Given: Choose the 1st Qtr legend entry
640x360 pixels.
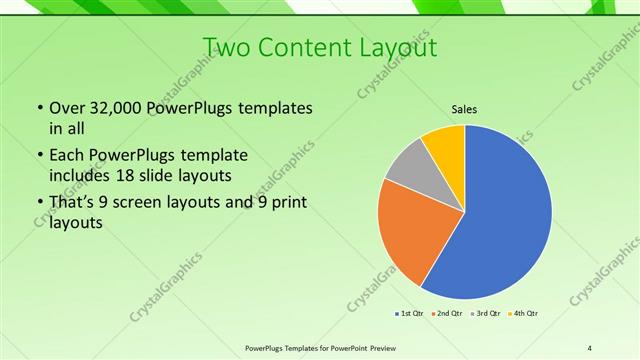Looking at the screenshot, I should pyautogui.click(x=410, y=314).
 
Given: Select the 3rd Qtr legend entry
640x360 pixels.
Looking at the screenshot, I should pyautogui.click(x=487, y=314).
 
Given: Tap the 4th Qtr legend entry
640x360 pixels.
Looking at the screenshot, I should pyautogui.click(x=525, y=314).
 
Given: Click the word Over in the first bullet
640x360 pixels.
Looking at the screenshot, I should pyautogui.click(x=67, y=108).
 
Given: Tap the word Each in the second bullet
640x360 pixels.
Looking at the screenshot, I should pyautogui.click(x=67, y=156).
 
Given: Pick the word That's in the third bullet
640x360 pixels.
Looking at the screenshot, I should pyautogui.click(x=73, y=204).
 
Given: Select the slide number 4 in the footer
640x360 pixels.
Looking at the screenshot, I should pyautogui.click(x=590, y=347).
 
